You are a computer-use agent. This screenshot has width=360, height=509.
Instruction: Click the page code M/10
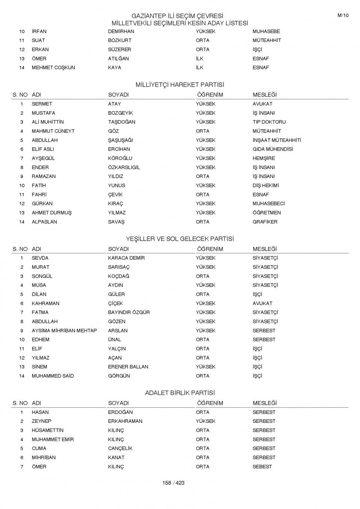click(343, 15)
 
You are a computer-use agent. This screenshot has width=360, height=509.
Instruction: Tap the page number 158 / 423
click(173, 483)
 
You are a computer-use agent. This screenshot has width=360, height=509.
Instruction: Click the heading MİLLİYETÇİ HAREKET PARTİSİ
click(180, 85)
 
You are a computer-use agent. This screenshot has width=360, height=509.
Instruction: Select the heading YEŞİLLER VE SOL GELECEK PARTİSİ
click(180, 239)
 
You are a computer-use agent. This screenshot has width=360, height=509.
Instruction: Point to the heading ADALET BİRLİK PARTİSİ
click(180, 393)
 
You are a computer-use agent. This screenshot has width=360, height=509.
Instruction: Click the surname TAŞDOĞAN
click(121, 122)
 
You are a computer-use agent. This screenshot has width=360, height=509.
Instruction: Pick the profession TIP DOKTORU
click(269, 122)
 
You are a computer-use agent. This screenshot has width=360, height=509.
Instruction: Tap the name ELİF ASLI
click(43, 149)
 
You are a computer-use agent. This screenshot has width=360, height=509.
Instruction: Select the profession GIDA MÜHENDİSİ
click(273, 149)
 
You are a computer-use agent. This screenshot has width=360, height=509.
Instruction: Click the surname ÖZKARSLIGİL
click(124, 167)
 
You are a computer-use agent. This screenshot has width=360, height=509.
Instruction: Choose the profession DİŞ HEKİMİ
click(265, 186)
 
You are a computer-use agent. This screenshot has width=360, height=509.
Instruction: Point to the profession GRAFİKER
click(265, 222)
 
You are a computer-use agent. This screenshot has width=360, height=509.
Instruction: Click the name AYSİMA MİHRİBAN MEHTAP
click(64, 331)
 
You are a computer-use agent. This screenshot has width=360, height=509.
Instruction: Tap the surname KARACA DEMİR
click(126, 258)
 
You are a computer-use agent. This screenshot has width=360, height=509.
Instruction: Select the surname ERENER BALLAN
click(128, 367)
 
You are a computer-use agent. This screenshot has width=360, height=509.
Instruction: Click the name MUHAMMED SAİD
click(52, 376)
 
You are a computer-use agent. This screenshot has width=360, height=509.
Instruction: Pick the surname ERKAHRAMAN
click(125, 421)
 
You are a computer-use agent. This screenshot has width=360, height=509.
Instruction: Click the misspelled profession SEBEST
click(262, 467)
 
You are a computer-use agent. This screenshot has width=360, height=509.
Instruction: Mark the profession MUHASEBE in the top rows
click(266, 31)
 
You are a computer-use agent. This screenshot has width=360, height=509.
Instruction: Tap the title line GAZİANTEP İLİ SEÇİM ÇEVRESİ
click(177, 16)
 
